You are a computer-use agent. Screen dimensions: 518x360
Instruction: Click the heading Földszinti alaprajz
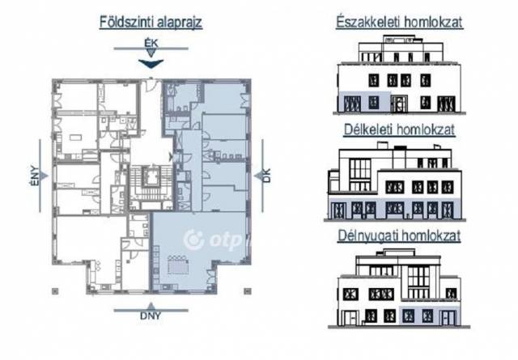[x=151, y=22]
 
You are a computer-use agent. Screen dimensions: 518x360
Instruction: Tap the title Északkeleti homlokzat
[x=399, y=22]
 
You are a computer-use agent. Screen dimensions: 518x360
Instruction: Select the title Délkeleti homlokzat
[x=399, y=129]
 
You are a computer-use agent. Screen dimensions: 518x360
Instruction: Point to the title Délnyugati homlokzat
[x=399, y=235]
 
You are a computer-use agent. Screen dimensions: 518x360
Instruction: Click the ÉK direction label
[x=151, y=43]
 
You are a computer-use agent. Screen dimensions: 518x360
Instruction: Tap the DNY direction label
[x=151, y=316]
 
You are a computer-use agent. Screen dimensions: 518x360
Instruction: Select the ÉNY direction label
[x=35, y=176]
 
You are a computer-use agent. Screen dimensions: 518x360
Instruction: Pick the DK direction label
[x=266, y=176]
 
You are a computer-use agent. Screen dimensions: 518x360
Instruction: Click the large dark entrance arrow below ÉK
[x=151, y=63]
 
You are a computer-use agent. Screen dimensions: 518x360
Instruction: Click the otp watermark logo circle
[x=193, y=239]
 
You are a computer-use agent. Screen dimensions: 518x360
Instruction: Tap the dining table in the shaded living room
[x=178, y=265]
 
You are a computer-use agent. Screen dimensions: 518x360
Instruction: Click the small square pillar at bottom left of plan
[x=55, y=291]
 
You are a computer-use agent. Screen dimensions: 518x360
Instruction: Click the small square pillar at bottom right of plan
[x=248, y=291]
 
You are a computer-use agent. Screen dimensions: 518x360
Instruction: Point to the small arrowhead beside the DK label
[x=257, y=176]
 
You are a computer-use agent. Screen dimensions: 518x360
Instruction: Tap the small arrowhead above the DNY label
[x=151, y=306]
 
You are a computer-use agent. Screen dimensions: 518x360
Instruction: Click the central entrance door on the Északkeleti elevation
[x=399, y=104]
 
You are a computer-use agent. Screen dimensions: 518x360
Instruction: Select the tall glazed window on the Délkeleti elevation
[x=360, y=169]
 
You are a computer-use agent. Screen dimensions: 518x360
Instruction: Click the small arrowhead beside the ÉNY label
[x=45, y=176]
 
